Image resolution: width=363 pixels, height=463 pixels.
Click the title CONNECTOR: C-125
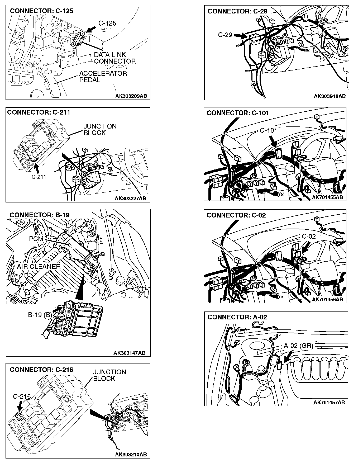(41, 11)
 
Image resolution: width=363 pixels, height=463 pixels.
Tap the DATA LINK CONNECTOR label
(115, 58)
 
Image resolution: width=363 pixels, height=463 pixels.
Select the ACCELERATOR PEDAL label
(103, 77)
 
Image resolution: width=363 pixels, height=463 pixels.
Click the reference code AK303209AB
(131, 96)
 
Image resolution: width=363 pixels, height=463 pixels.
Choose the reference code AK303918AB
(329, 96)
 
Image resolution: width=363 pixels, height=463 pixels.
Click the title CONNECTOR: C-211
(39, 112)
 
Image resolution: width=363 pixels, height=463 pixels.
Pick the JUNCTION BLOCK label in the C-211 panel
(100, 129)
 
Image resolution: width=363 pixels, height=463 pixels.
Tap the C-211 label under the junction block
(39, 177)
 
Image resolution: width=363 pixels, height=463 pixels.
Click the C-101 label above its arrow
(268, 130)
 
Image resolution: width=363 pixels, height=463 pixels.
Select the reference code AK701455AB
(327, 197)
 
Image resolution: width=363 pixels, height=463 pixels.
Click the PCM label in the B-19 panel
(36, 239)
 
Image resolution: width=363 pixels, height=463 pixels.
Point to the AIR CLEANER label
(39, 266)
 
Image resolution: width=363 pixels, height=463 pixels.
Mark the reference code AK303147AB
(129, 353)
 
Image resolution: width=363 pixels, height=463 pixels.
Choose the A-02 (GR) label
(298, 346)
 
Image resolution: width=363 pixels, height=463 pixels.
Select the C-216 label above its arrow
(22, 396)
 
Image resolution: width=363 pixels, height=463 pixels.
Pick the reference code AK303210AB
(131, 454)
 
